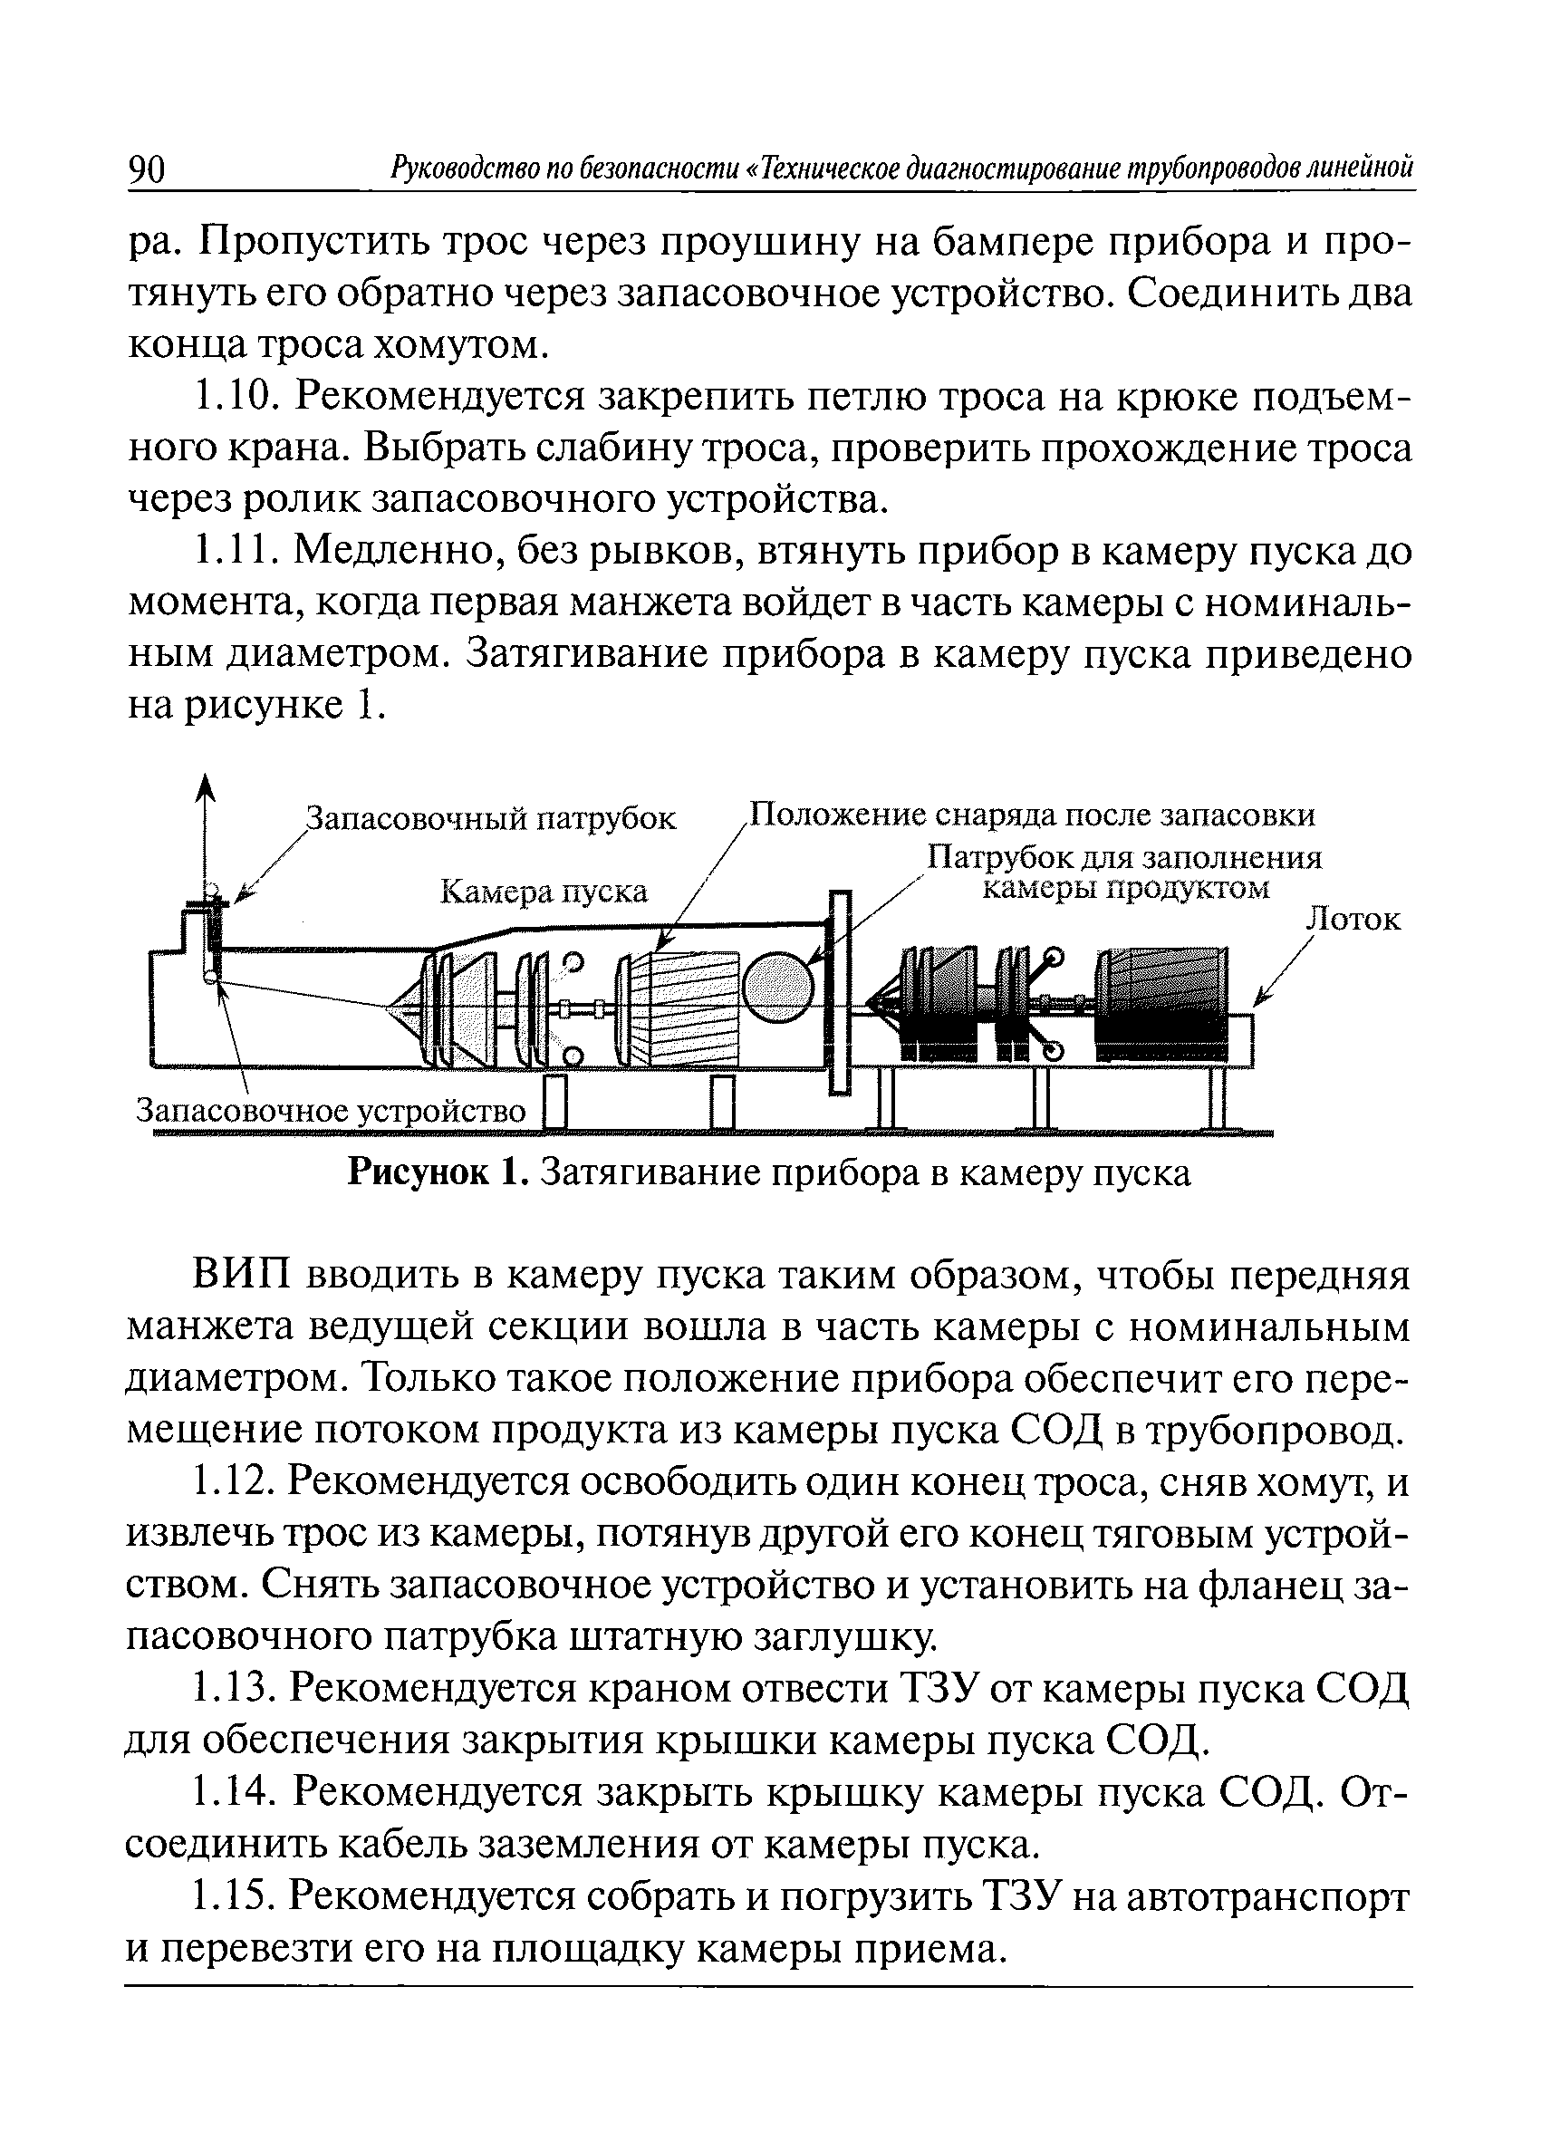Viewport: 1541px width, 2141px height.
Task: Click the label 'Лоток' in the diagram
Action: [1353, 919]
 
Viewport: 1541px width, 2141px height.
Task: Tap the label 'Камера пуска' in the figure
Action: [544, 890]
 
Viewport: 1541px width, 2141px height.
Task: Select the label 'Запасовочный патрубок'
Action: [493, 818]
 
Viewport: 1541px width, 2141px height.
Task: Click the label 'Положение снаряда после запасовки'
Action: [1030, 814]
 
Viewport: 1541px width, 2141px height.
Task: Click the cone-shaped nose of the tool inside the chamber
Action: [406, 1008]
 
